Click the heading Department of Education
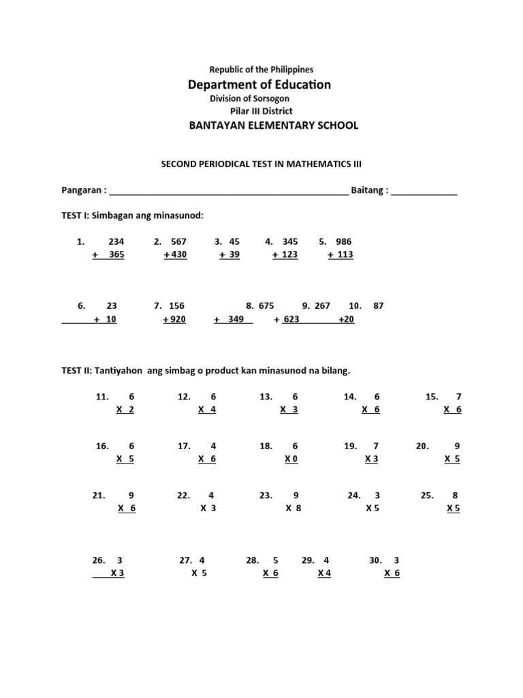click(x=259, y=85)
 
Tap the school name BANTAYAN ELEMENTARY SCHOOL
click(x=263, y=125)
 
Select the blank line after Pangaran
click(x=228, y=192)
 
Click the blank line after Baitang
click(x=424, y=192)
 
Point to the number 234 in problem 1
click(x=116, y=241)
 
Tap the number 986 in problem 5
click(x=344, y=241)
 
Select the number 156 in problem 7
click(x=177, y=306)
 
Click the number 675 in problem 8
click(x=266, y=306)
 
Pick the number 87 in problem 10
click(x=379, y=306)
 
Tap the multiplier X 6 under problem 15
click(x=452, y=409)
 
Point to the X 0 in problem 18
click(x=291, y=459)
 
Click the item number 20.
click(x=422, y=446)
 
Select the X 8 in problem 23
click(x=293, y=508)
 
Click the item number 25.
click(x=428, y=496)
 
